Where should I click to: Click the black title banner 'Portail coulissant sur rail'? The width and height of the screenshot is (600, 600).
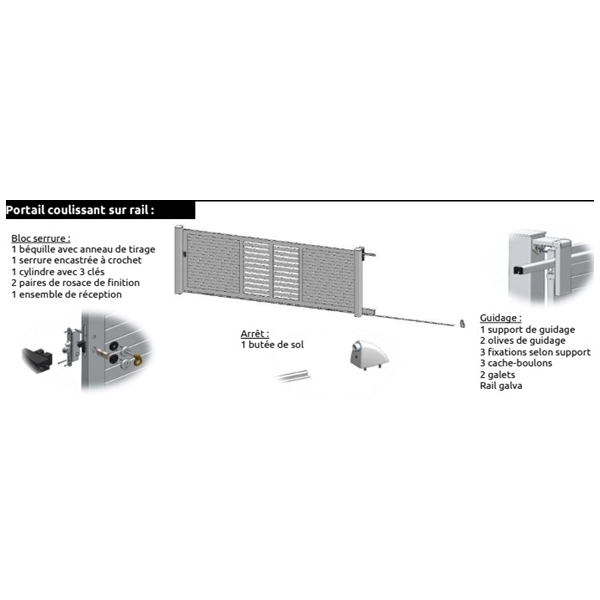100,210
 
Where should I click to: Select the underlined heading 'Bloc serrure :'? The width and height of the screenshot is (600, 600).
41,238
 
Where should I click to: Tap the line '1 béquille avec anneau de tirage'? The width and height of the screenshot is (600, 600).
83,249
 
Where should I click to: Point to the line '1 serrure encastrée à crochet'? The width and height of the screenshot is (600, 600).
76,260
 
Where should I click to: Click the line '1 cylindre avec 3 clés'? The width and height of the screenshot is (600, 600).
58,272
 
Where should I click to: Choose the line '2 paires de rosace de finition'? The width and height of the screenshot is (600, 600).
75,283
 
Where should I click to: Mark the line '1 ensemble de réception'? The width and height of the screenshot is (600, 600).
67,294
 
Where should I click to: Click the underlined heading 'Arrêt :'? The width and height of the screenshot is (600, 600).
255,334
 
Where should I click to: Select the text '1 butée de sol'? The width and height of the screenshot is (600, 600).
272,345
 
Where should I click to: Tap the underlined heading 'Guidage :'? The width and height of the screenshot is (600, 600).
501,318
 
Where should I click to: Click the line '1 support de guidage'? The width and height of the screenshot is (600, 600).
527,329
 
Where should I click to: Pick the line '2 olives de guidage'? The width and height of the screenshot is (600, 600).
523,341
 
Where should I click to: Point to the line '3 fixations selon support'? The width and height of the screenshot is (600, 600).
535,352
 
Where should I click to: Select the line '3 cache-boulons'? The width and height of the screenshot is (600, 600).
516,363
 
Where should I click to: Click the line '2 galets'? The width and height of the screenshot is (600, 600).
497,375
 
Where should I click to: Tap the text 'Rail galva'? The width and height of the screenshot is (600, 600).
501,386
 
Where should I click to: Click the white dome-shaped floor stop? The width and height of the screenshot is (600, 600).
368,355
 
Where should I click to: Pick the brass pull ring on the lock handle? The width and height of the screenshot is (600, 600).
137,360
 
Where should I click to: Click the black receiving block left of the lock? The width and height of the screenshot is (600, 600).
38,360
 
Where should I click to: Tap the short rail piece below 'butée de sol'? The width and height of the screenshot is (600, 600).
294,376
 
